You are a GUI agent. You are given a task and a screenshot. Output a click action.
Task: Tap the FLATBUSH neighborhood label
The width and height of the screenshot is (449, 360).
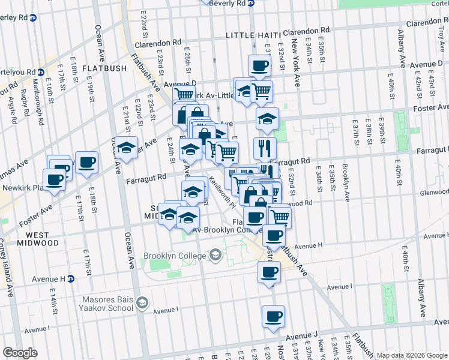[x=104, y=68]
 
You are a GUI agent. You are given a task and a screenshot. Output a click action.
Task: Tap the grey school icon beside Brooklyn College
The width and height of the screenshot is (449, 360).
[x=214, y=256]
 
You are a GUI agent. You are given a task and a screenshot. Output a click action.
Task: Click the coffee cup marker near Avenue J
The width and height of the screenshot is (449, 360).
[x=273, y=316]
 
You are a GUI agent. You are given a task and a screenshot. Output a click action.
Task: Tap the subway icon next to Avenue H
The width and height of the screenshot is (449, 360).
[x=70, y=279]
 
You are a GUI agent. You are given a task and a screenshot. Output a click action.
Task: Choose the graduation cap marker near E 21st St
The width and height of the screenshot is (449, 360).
[x=126, y=148]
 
